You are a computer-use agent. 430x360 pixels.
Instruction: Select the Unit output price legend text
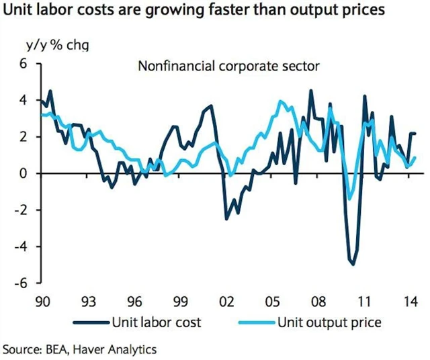[x=329, y=322]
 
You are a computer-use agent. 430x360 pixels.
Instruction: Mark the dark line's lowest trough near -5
[x=353, y=264]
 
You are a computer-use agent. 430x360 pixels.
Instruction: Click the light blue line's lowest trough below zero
[x=349, y=199]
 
